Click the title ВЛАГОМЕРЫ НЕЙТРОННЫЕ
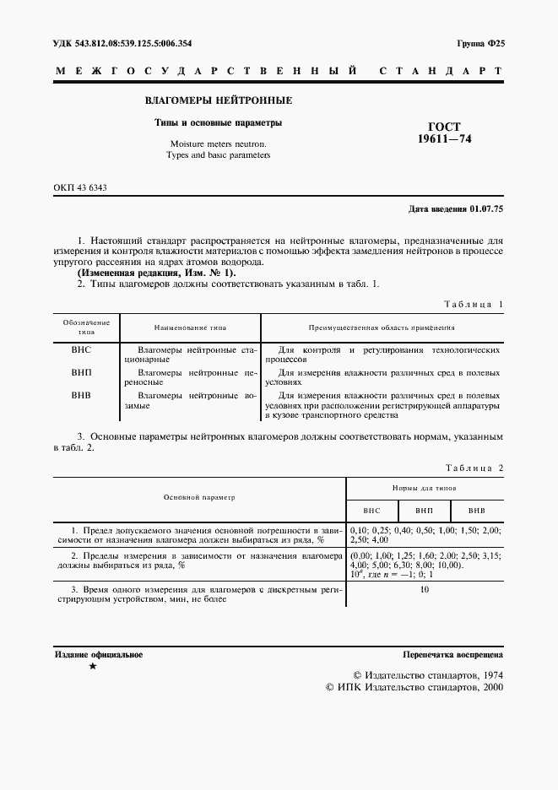(218, 100)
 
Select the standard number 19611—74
(444, 139)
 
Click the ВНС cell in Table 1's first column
(82, 349)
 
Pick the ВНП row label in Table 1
(82, 371)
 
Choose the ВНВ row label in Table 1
(82, 394)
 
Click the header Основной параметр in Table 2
(199, 498)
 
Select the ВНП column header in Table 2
(425, 511)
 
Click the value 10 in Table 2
(425, 589)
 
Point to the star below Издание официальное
(92, 667)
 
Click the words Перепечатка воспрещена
(453, 654)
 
